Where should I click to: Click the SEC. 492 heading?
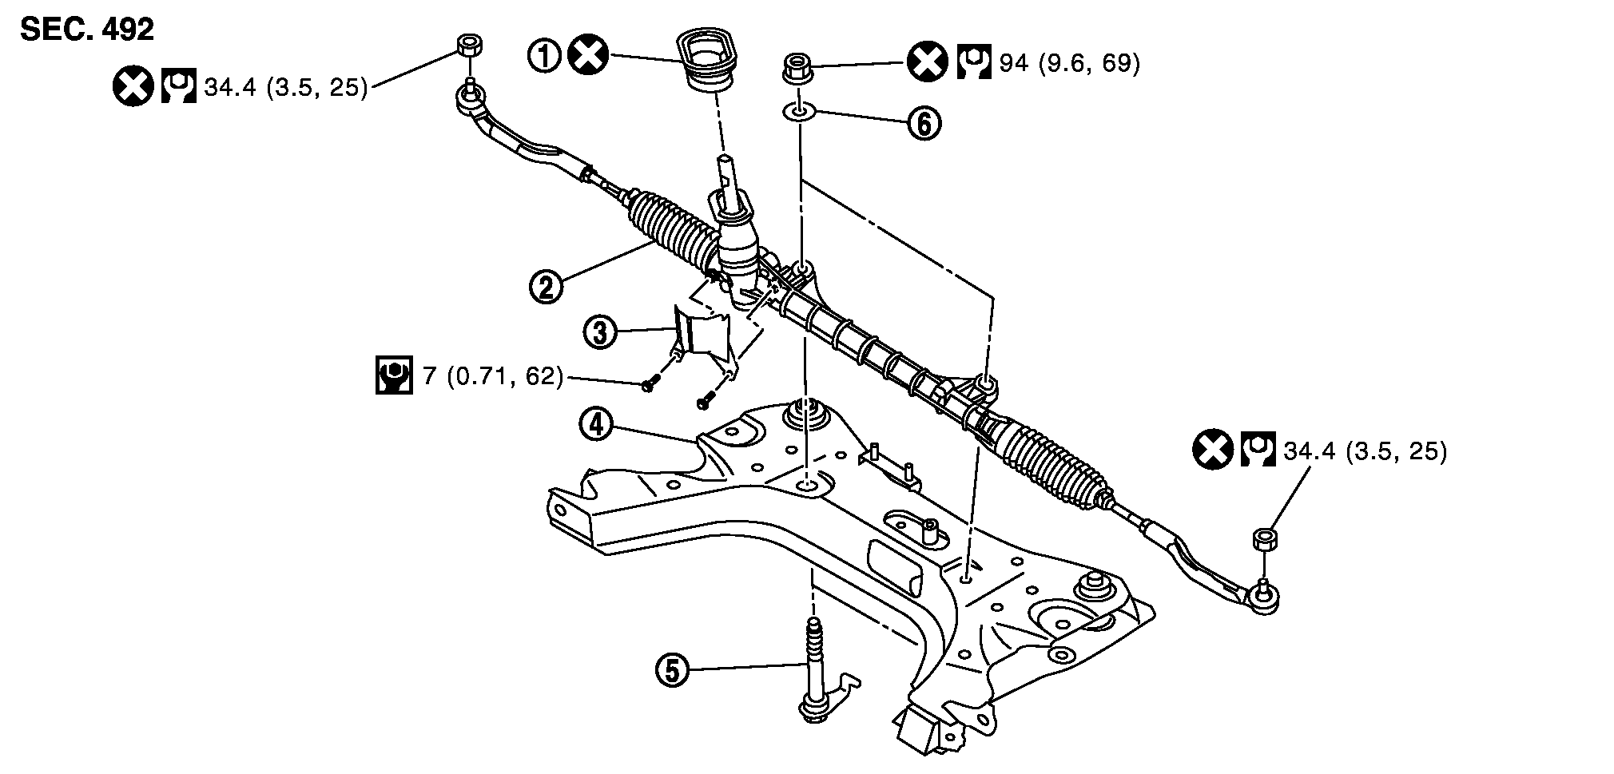coord(87,29)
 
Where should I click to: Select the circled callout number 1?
coord(546,56)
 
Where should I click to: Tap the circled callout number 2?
coord(547,286)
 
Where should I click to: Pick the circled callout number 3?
coord(600,331)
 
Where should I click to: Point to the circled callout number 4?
coord(596,424)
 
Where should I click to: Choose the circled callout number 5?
coord(672,669)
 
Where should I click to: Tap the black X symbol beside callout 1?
coord(587,56)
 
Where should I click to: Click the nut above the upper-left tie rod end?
coord(469,46)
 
